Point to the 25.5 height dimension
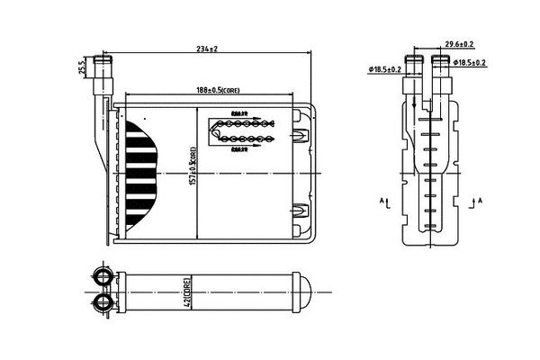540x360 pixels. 82,67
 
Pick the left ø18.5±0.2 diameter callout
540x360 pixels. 384,69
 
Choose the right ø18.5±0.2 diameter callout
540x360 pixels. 471,62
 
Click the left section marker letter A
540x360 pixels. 382,199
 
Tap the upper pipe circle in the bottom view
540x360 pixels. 103,275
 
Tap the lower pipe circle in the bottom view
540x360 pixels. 103,303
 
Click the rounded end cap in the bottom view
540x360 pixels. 306,290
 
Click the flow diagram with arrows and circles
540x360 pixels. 240,131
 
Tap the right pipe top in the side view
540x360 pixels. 441,60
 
